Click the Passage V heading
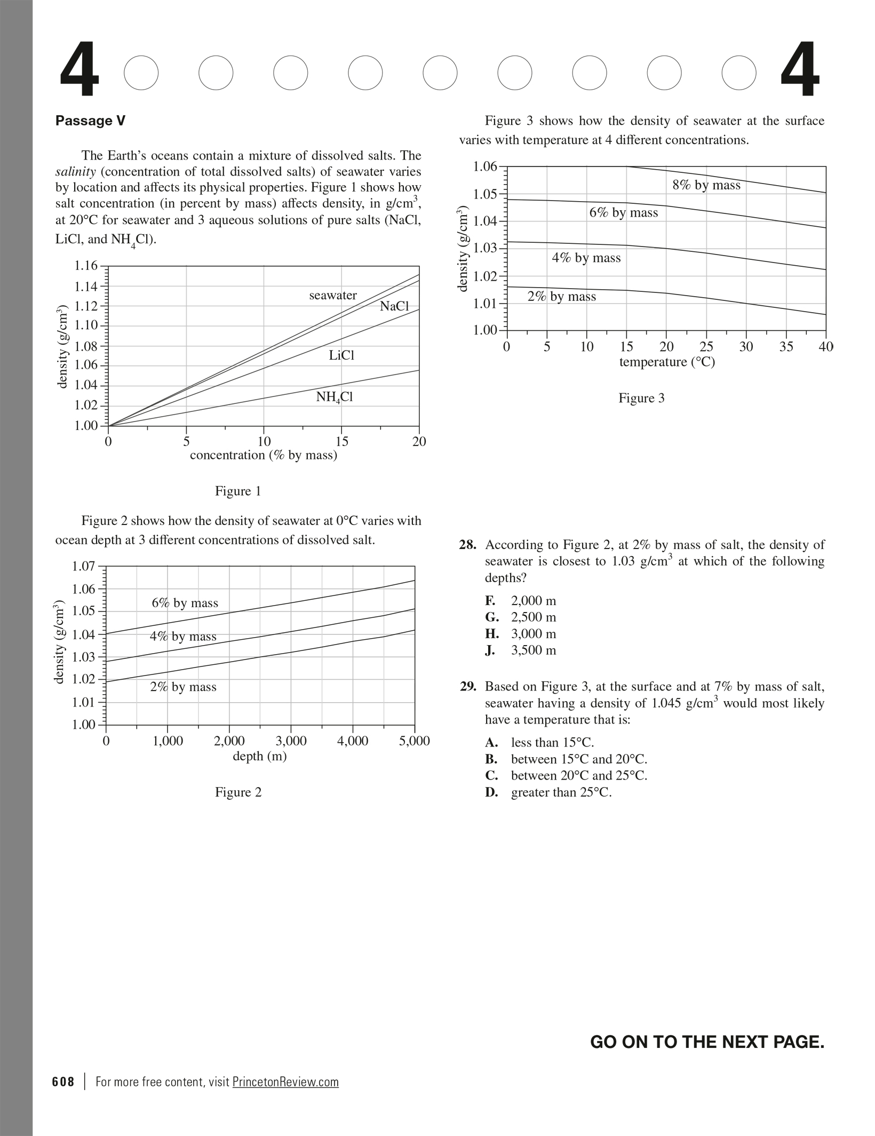90,121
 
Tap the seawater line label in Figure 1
333,296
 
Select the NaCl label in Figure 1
394,306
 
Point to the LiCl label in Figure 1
341,355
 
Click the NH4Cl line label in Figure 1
335,397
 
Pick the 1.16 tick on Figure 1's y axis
86,266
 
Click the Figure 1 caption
238,491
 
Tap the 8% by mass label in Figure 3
706,185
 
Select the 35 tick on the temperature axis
786,347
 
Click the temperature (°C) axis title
667,362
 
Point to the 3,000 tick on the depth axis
291,741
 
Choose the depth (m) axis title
260,756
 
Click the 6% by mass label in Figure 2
185,603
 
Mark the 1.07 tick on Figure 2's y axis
83,566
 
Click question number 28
467,545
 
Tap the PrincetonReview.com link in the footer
285,1082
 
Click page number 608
63,1082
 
